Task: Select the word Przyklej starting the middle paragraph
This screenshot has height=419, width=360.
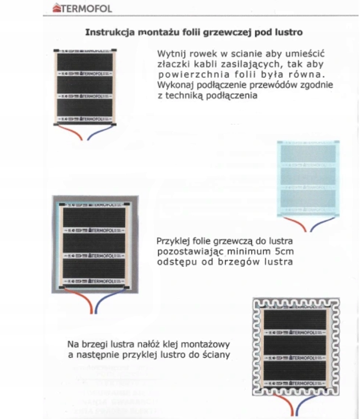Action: [x=173, y=242]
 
